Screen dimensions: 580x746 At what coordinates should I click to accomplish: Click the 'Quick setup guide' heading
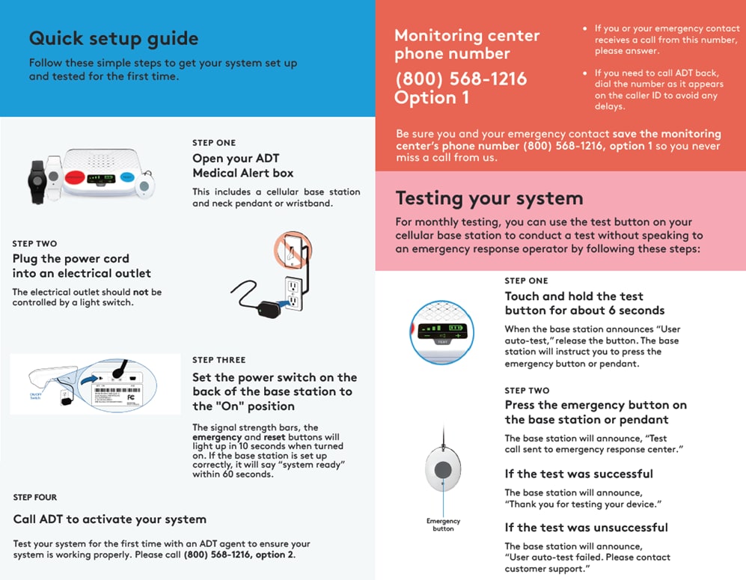(113, 38)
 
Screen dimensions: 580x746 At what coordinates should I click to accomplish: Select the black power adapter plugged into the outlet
(266, 308)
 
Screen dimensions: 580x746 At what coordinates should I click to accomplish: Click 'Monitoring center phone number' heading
(467, 44)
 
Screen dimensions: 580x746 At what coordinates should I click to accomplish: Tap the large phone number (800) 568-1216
(461, 79)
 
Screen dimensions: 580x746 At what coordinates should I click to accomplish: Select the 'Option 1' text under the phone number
(432, 98)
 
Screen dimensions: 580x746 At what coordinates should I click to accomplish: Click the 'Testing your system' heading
(489, 198)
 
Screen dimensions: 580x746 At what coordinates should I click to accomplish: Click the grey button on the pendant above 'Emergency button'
(444, 470)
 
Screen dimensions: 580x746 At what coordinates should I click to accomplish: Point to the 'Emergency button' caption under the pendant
(444, 525)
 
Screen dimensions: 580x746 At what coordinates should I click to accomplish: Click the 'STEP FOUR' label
(35, 497)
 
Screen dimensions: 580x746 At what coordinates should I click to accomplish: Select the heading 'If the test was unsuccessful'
(586, 528)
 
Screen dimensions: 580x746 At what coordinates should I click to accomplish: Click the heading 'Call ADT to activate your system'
(110, 519)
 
